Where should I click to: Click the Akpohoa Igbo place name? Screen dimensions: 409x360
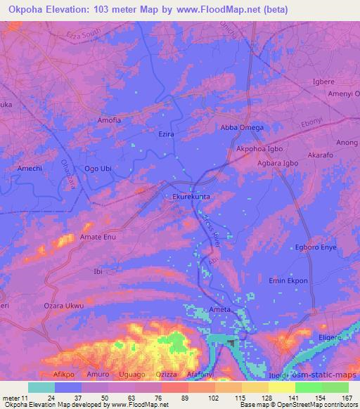pyautogui.click(x=259, y=150)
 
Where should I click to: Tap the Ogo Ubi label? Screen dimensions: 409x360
pyautogui.click(x=98, y=169)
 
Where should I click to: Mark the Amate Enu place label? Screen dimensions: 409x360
pyautogui.click(x=98, y=238)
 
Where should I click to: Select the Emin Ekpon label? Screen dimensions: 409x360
pyautogui.click(x=289, y=281)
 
